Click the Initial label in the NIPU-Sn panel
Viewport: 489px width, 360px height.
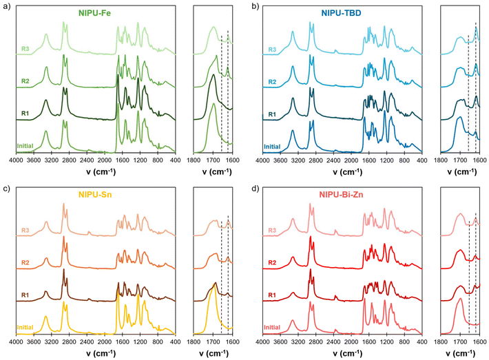(27, 328)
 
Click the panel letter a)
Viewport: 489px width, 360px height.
(6, 6)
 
